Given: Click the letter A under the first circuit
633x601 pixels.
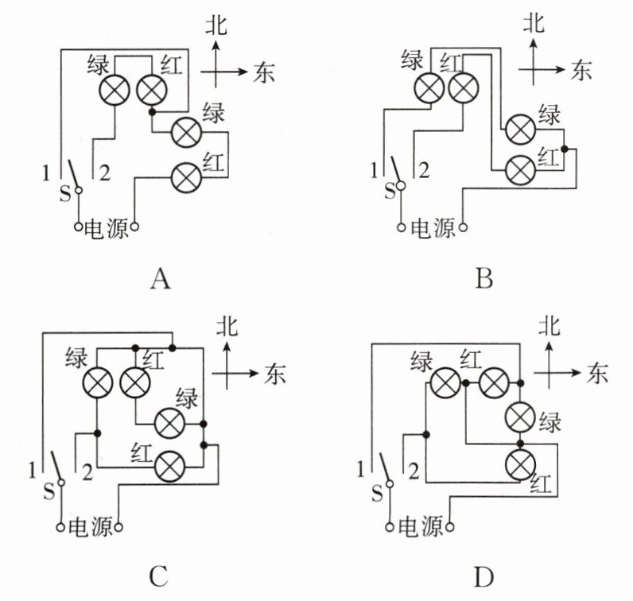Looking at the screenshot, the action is (161, 278).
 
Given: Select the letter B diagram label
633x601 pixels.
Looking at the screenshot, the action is (484, 278).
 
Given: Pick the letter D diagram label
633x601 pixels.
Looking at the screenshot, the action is (483, 577).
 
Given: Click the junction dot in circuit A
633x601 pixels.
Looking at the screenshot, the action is (152, 112).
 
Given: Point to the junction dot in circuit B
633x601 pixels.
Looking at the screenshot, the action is (565, 149).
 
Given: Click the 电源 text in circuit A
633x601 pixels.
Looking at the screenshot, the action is (107, 228).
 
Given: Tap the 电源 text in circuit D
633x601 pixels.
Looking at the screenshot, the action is (421, 527).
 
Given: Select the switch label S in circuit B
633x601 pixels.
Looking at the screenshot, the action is (390, 192).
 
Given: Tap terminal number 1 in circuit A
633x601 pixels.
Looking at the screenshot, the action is (46, 173).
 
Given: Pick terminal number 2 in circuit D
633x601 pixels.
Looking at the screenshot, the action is (414, 471).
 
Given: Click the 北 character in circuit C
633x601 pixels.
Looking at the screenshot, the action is (227, 326).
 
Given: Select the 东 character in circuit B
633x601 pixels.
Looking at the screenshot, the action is (581, 70).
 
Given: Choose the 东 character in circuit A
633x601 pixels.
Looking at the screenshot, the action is (264, 72).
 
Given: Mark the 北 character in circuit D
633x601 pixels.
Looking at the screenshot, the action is (549, 326).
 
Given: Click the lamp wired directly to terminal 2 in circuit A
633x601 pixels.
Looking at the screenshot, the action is (115, 90).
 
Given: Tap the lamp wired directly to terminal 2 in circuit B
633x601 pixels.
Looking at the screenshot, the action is (464, 87).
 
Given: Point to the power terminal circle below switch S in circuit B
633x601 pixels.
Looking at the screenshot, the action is (401, 227).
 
